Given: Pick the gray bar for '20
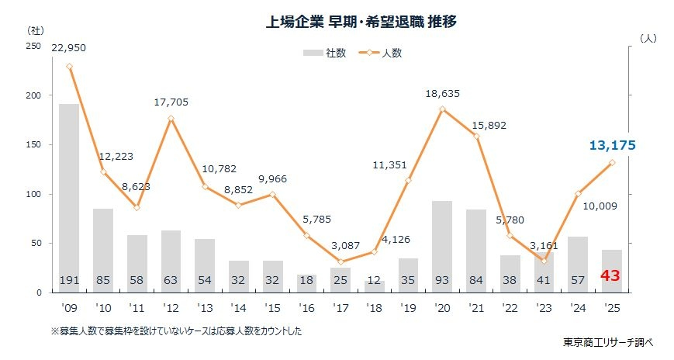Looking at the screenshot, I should click(x=442, y=244).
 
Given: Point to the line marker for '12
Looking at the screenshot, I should click(x=171, y=119).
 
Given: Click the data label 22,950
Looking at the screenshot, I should click(x=69, y=48).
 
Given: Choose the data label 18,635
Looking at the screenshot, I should click(x=443, y=93).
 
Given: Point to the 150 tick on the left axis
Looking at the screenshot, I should click(x=34, y=145).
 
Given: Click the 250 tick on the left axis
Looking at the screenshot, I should click(x=34, y=47).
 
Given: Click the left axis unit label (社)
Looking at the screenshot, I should click(x=35, y=30).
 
